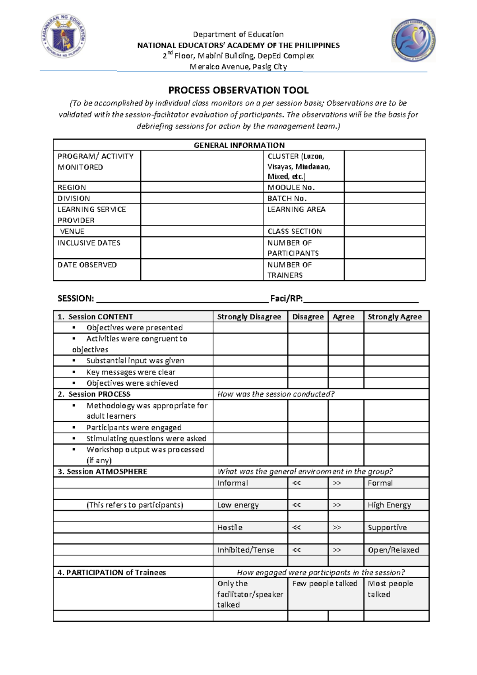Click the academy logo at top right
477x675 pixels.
coord(413,40)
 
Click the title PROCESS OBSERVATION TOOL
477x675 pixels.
coord(238,90)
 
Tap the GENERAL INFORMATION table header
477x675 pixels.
coord(239,145)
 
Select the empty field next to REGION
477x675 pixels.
coord(202,187)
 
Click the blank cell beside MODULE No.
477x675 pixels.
coord(384,187)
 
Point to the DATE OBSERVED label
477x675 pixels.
coord(87,265)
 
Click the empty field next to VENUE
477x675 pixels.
coord(202,231)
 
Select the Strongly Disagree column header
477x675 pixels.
coord(249,317)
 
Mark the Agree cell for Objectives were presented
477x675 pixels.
coord(346,328)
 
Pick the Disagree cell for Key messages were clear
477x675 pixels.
coord(308,372)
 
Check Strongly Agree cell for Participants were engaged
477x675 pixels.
coord(396,427)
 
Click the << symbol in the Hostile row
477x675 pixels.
coord(297,527)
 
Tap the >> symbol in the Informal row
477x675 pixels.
coord(337,483)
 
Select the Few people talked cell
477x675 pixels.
coord(325,584)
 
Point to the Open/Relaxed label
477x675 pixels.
coord(394,550)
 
